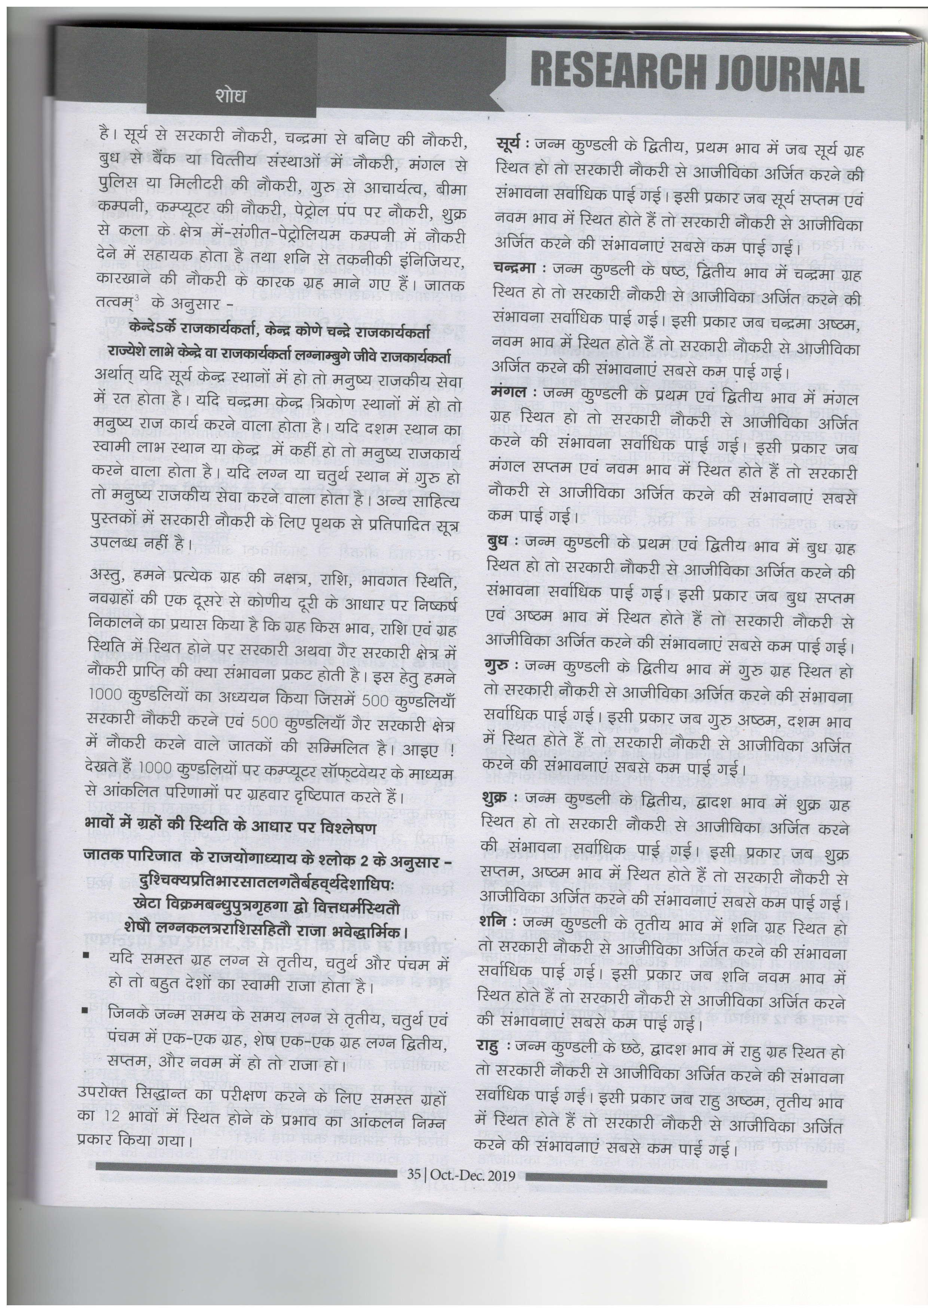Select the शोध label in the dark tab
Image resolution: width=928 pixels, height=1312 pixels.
coord(231,95)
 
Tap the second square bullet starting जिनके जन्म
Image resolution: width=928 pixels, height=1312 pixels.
coord(85,1010)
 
